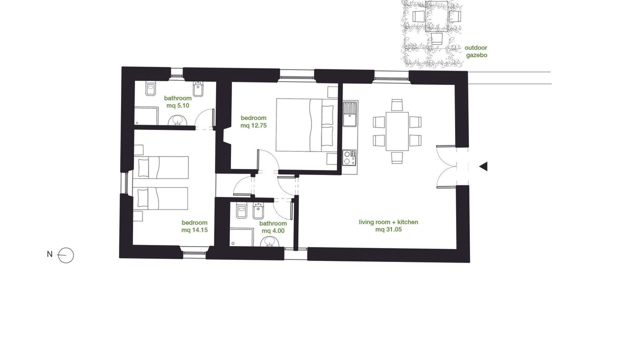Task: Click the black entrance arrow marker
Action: point(483,166)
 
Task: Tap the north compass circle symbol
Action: point(65,255)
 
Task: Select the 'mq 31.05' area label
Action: point(388,229)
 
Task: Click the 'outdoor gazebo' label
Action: point(476,51)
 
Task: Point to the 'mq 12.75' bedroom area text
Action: point(253,125)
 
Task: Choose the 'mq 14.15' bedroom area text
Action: point(194,230)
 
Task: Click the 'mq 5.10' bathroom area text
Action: point(177,105)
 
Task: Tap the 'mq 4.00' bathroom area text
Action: point(273,230)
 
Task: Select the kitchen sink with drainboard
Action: point(350,113)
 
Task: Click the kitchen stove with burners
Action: point(349,157)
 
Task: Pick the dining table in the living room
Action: point(397,131)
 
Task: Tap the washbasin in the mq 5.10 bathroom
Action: point(177,120)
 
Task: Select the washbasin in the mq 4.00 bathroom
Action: point(269,241)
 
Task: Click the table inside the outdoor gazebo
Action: point(436,16)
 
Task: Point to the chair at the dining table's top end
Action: point(397,105)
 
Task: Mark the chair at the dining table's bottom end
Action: point(397,157)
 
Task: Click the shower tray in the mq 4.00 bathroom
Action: point(241,236)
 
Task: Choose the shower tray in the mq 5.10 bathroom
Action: point(146,116)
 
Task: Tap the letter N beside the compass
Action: point(49,254)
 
